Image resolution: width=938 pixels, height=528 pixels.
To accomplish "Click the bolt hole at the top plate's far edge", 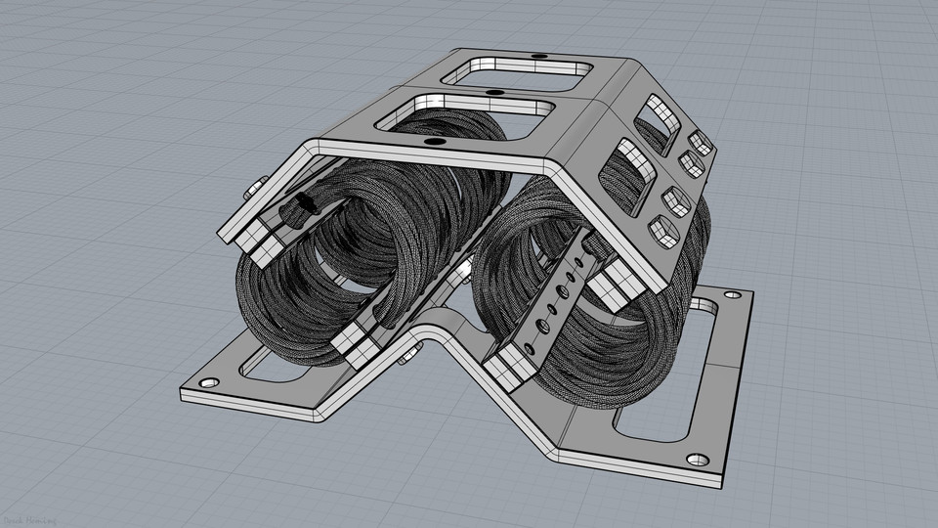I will (x=536, y=57).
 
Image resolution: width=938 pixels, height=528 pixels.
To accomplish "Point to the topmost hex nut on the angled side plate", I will (x=698, y=139).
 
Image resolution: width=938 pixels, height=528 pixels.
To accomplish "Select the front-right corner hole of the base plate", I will (x=697, y=459).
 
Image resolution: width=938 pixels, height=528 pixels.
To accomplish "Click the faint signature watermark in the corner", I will (x=29, y=517).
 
